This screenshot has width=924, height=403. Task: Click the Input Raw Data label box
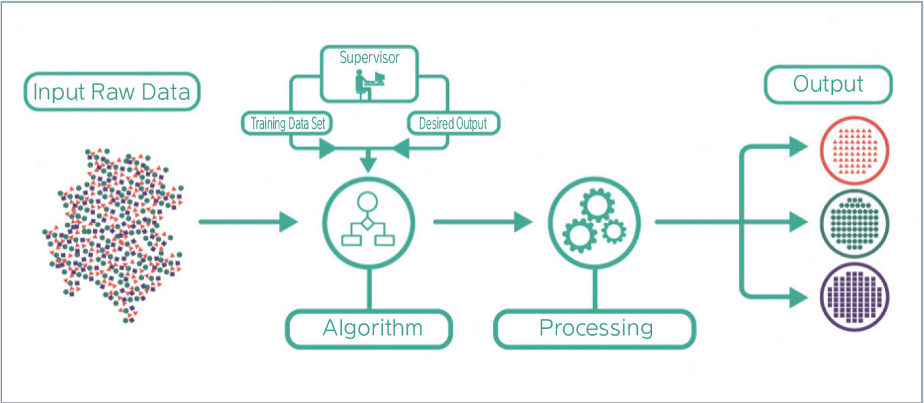[x=112, y=92]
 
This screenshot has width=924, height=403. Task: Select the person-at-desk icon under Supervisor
[x=366, y=85]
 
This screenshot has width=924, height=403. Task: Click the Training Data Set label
[x=287, y=124]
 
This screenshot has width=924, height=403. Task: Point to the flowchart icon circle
[x=369, y=223]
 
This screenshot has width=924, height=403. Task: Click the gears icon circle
[x=594, y=223]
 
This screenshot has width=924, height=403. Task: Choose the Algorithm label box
[x=369, y=329]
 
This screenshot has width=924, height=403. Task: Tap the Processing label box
[x=595, y=329]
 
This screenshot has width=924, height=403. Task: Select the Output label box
[x=828, y=84]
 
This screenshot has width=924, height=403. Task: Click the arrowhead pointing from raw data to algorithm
[x=289, y=221]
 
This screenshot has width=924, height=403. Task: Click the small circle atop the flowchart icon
[x=368, y=201]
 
